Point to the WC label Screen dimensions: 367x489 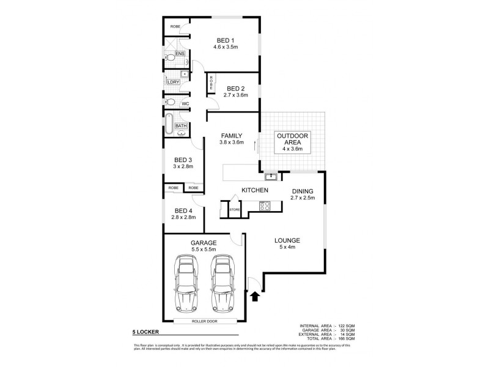click(x=185, y=103)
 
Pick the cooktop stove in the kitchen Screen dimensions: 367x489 click(x=265, y=206)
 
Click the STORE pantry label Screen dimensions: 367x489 click(x=234, y=210)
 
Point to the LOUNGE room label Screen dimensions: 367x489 click(x=287, y=240)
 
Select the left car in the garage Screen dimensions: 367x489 click(x=186, y=281)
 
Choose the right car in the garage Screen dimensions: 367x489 click(x=222, y=281)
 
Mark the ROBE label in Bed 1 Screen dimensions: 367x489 click(x=175, y=27)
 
